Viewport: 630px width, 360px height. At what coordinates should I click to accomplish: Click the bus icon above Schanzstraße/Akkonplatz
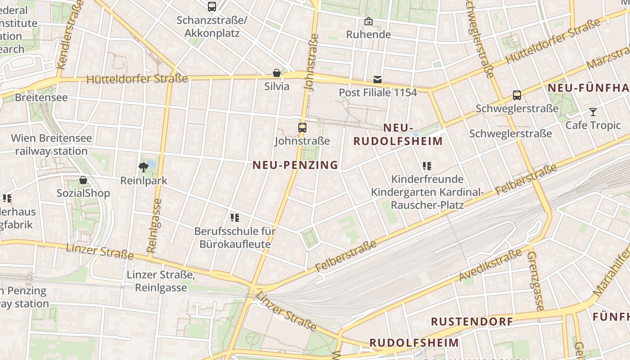pos(212,7)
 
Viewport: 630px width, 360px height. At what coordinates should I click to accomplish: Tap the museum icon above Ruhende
pos(369,21)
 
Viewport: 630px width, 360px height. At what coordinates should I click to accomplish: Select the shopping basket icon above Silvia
pos(277,73)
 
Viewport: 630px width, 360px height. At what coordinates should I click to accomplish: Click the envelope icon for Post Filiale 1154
pos(378,80)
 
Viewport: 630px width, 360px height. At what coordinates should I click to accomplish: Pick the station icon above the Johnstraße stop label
pos(302,128)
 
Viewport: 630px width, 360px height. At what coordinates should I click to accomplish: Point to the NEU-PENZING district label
pos(295,165)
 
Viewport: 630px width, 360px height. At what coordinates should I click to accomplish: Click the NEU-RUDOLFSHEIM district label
pos(398,135)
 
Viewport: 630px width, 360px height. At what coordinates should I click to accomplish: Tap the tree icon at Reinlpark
pos(144,168)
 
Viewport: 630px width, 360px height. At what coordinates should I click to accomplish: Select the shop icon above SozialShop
pos(83,180)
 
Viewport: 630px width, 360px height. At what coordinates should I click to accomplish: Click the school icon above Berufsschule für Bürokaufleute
pos(234,218)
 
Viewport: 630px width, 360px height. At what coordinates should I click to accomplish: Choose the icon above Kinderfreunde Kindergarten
pos(427,166)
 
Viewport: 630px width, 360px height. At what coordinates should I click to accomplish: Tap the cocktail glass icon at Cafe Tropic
pos(593,112)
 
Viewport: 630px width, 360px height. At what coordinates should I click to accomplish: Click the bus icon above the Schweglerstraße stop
pos(517,95)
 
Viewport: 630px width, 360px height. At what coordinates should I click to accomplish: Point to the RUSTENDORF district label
pos(472,321)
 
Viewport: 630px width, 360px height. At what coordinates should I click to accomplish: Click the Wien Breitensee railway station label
pos(51,144)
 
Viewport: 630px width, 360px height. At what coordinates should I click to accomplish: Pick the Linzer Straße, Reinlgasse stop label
pos(161,281)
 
